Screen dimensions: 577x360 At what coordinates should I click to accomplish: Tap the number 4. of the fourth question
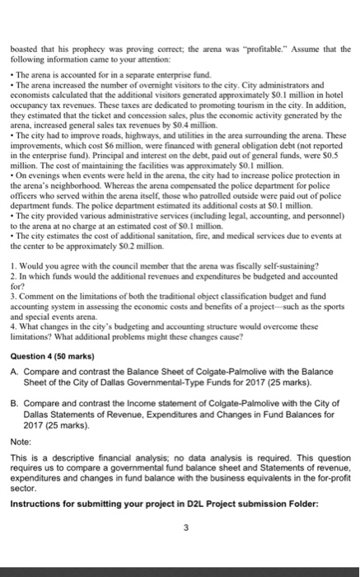(18, 327)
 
